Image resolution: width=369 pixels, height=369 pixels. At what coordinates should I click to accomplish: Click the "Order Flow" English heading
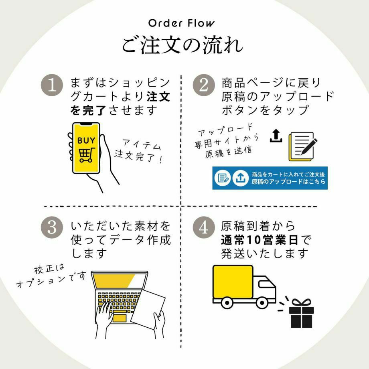coord(181,23)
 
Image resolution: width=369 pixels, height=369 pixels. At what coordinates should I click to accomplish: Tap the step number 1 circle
coord(52,85)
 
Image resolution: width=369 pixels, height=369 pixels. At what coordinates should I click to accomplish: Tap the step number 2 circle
coord(204,85)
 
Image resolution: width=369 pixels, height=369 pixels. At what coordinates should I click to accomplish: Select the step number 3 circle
coord(52,227)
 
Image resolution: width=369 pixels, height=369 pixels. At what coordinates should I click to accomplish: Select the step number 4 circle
coord(204,227)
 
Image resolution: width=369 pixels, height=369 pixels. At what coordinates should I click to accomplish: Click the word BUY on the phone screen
coord(86,141)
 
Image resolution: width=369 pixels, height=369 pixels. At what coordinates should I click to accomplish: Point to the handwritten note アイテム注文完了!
coord(139,151)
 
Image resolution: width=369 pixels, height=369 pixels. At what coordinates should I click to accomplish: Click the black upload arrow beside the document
coord(276,136)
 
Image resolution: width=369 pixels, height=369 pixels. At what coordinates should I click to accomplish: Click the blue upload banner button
coord(270,178)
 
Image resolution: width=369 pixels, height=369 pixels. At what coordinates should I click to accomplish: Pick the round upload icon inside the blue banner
coord(240,178)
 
